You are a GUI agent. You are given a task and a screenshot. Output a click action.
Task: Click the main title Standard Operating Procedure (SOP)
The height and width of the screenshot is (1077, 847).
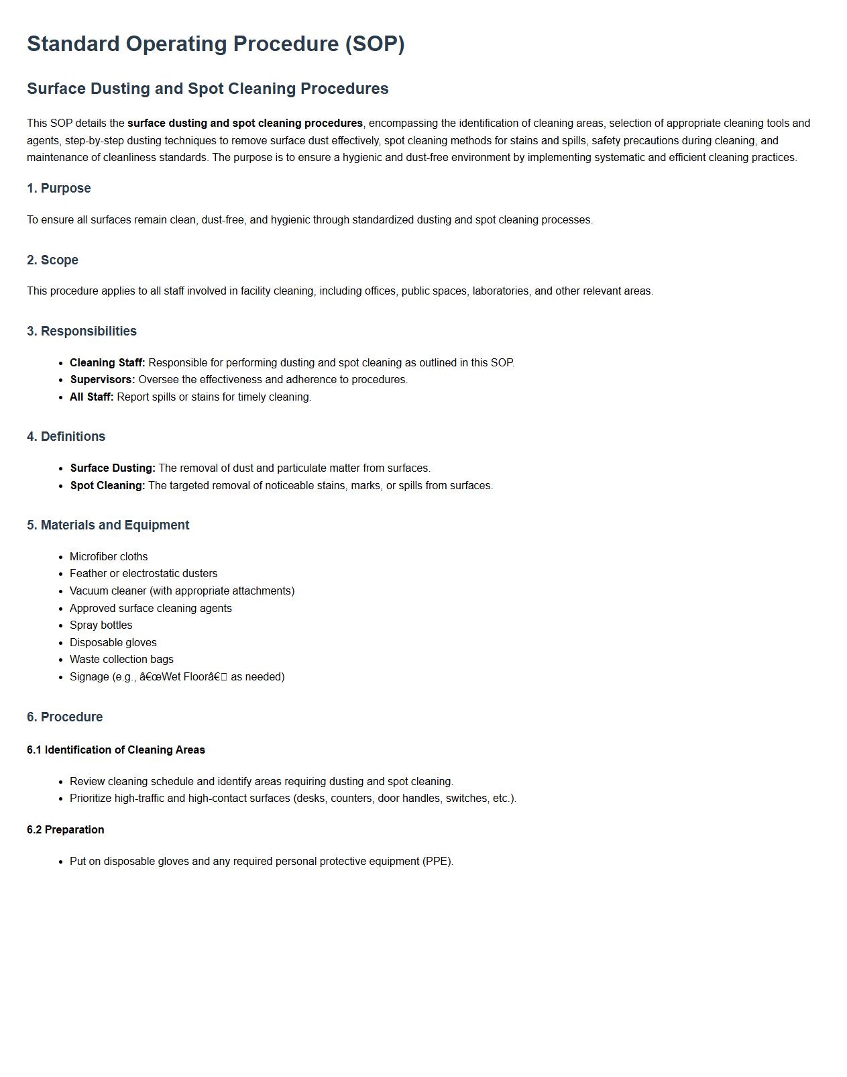click(x=215, y=44)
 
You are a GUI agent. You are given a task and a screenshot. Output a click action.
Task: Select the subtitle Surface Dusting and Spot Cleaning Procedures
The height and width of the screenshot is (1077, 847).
click(x=207, y=89)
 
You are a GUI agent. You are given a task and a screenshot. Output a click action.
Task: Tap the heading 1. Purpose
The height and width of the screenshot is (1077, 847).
click(x=59, y=189)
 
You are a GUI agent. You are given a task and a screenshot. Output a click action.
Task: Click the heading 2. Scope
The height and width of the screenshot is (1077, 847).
click(x=52, y=260)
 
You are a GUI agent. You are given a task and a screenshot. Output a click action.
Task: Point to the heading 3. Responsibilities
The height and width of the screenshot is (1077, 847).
click(x=82, y=331)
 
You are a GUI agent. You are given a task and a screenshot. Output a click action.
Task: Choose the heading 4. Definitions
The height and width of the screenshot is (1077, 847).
click(x=66, y=437)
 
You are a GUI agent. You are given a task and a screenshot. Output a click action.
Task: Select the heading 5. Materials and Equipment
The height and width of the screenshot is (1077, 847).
click(x=108, y=525)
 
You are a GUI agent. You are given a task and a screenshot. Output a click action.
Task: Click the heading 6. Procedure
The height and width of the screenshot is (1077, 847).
click(x=65, y=717)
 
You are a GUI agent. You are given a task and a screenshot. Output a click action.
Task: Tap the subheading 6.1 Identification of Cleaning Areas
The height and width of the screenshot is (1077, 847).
click(x=116, y=750)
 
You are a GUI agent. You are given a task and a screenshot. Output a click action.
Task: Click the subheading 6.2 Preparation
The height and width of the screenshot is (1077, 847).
click(x=66, y=830)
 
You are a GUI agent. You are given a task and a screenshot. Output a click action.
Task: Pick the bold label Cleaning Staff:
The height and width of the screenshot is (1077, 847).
click(x=107, y=363)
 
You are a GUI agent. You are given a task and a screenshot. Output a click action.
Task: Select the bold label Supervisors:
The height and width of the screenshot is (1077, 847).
click(x=103, y=380)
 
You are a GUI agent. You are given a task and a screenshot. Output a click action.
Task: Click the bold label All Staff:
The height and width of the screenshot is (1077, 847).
click(x=92, y=397)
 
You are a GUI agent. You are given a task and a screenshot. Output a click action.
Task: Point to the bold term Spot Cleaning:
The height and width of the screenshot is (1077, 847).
click(x=107, y=486)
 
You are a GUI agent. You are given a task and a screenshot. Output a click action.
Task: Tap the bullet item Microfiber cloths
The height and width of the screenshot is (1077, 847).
click(x=109, y=557)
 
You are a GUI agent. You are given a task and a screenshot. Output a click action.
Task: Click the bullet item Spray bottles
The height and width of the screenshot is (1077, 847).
click(x=101, y=625)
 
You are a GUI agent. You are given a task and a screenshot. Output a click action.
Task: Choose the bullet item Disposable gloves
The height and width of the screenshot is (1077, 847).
click(x=113, y=643)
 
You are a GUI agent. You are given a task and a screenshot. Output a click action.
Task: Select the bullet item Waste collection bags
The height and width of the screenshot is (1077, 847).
click(x=121, y=660)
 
